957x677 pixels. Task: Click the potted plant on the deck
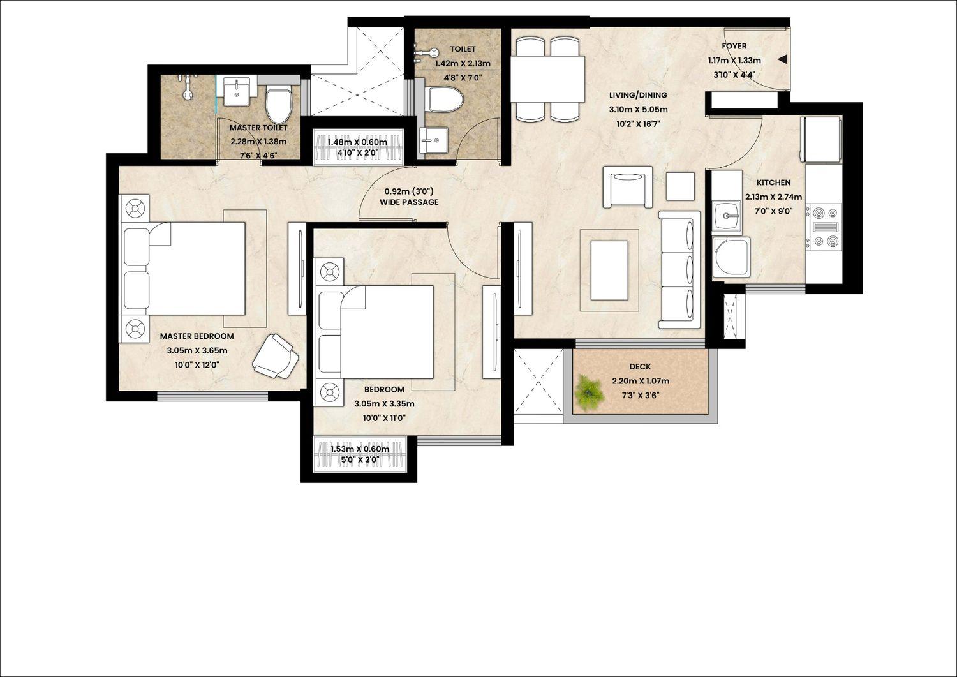click(590, 393)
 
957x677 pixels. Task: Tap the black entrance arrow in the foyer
click(782, 60)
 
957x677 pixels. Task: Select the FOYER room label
click(734, 46)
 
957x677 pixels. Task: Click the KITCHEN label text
click(774, 182)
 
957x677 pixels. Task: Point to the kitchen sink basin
click(727, 217)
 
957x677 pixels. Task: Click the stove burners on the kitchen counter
click(823, 227)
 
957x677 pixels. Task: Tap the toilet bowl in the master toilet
click(278, 103)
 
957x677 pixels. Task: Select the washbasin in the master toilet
click(236, 92)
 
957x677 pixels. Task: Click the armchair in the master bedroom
click(276, 357)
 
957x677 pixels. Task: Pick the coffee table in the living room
click(610, 270)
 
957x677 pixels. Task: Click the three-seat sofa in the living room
click(679, 270)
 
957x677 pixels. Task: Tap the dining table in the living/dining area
click(547, 79)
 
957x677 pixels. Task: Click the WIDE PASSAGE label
click(410, 202)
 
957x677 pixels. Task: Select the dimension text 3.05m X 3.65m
click(197, 351)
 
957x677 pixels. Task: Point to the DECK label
click(640, 367)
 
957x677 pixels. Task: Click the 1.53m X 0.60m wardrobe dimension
click(360, 449)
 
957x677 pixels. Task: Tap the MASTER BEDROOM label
click(197, 336)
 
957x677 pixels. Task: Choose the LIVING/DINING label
click(638, 95)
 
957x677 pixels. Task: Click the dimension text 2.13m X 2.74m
click(774, 197)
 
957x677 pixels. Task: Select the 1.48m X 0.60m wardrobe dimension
click(357, 142)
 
